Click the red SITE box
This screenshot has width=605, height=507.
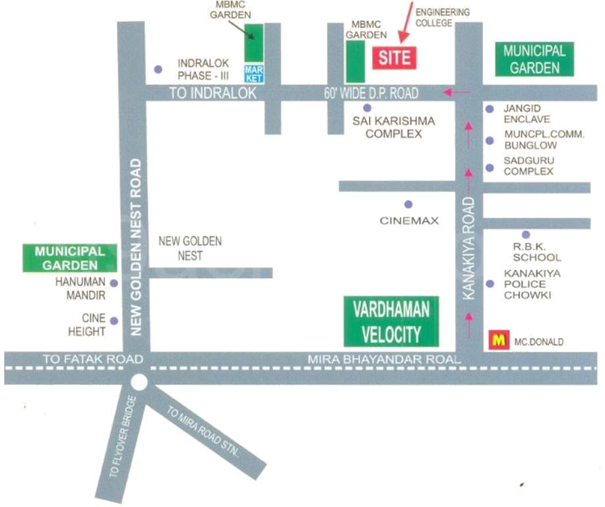click(x=395, y=57)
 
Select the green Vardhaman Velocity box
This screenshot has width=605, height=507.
click(x=391, y=321)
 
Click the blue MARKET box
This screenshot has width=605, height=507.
click(x=253, y=73)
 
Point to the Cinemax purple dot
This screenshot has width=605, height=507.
click(x=408, y=205)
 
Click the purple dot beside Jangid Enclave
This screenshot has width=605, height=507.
click(x=490, y=110)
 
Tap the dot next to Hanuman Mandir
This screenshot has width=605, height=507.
click(x=113, y=283)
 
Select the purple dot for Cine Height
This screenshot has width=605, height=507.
click(x=113, y=321)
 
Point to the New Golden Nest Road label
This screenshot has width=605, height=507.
click(x=137, y=247)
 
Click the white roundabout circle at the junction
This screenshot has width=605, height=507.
click(x=139, y=382)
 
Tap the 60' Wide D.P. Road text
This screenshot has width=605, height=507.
click(x=371, y=94)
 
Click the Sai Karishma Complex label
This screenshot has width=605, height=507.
click(x=386, y=127)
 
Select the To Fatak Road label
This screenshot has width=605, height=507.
click(x=92, y=359)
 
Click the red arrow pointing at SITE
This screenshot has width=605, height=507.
click(x=404, y=22)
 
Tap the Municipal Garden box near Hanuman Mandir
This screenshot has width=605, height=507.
click(x=70, y=258)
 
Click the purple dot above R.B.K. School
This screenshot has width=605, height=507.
click(x=526, y=234)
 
